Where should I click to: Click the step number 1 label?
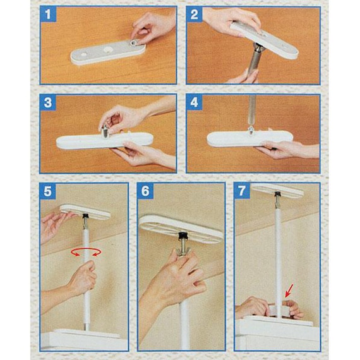coord(48,14)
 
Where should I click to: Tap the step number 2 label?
coord(195,14)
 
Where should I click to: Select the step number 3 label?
coord(48,102)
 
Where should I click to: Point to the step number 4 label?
coord(195,102)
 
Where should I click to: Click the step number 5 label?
coord(47,191)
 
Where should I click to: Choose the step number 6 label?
coord(145,191)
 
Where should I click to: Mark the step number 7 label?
coord(242,191)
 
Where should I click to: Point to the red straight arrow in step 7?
coord(289,291)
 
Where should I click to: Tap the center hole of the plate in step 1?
coord(107,50)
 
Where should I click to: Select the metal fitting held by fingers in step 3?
coord(105,131)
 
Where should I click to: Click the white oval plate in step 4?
coord(250,139)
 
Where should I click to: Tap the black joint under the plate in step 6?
coord(183,236)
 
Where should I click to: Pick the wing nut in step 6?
coord(183,251)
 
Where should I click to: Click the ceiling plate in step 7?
coord(278,190)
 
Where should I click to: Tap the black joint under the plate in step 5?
coord(86,216)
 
